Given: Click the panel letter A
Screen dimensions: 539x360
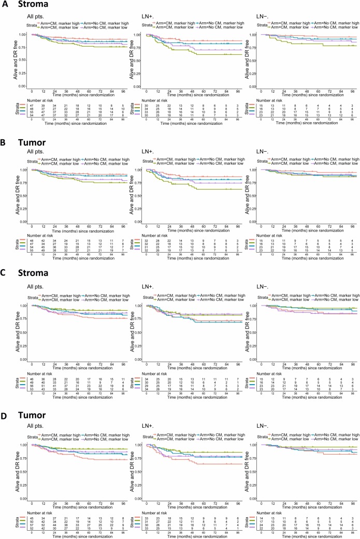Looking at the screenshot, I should [x=5, y=6].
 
